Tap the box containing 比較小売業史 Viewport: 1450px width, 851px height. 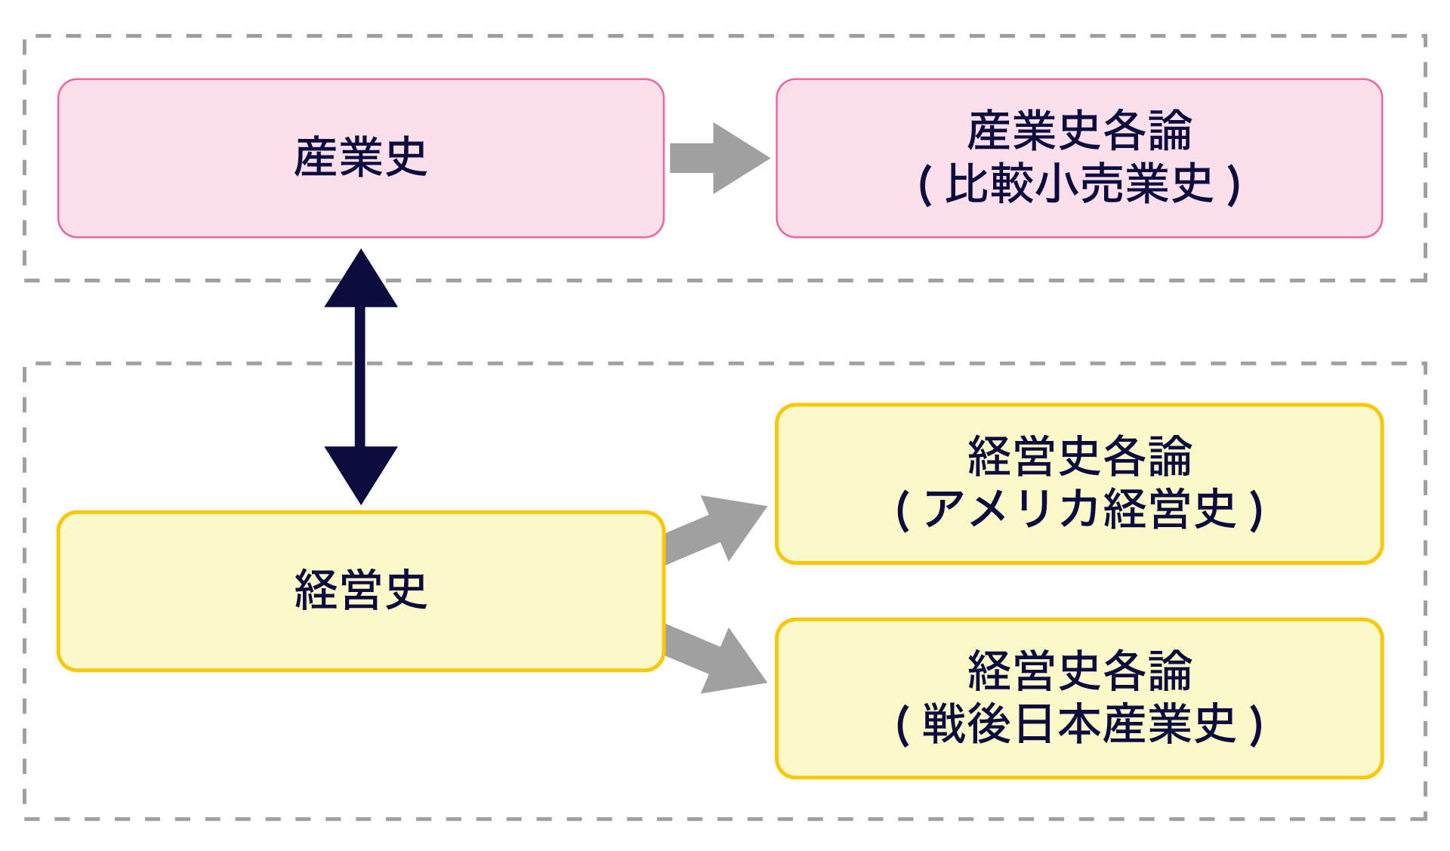1079,219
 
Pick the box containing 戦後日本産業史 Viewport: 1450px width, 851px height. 1079,760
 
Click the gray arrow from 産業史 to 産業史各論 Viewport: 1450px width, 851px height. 717,159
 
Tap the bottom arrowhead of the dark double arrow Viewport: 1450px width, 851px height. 361,472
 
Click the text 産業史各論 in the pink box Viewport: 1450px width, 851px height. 1079,131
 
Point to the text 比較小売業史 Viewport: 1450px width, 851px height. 1079,183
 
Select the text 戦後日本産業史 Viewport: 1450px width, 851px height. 1079,724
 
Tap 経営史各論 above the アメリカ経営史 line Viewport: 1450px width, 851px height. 1079,456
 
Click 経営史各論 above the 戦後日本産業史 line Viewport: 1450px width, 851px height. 1079,671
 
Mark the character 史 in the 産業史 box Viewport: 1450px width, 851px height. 406,157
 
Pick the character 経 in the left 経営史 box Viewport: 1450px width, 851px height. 316,590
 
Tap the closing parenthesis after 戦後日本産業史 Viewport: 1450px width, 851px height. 1256,725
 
